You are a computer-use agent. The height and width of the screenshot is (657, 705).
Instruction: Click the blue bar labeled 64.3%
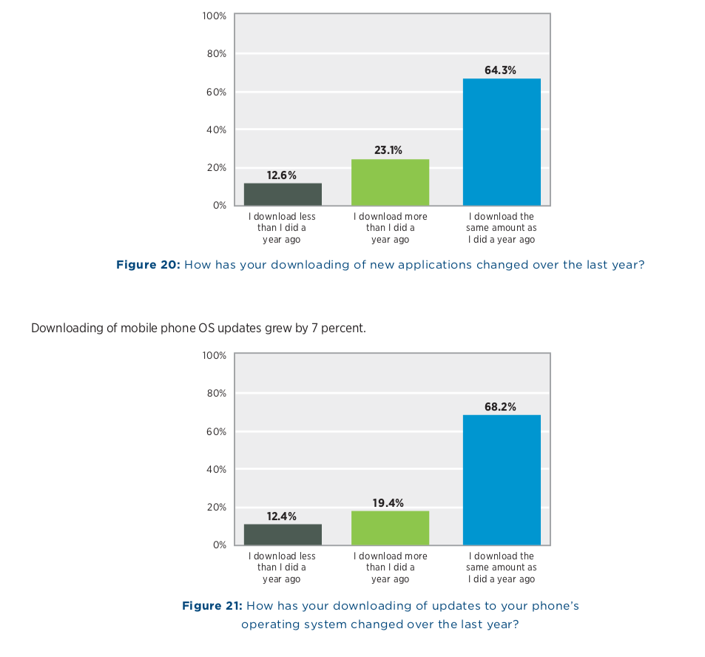pyautogui.click(x=501, y=141)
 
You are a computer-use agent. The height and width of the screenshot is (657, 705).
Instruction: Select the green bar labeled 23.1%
pyautogui.click(x=390, y=182)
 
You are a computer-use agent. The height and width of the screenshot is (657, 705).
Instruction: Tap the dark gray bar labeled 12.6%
pyautogui.click(x=283, y=194)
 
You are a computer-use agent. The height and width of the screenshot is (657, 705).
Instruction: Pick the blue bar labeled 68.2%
pyautogui.click(x=501, y=479)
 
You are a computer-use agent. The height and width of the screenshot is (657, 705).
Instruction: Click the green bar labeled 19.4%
pyautogui.click(x=390, y=528)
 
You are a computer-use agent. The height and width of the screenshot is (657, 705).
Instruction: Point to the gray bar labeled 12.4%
pyautogui.click(x=283, y=534)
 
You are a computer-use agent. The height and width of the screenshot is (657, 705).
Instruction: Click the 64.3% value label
pyautogui.click(x=501, y=70)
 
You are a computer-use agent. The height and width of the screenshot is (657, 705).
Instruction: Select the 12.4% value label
pyautogui.click(x=282, y=516)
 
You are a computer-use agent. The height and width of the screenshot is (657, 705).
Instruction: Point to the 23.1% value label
pyautogui.click(x=388, y=150)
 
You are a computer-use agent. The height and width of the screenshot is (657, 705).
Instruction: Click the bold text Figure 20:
pyautogui.click(x=148, y=264)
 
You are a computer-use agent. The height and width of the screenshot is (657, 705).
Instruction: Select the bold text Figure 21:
pyautogui.click(x=212, y=606)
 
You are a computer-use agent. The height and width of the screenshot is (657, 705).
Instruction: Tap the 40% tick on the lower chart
pyautogui.click(x=216, y=469)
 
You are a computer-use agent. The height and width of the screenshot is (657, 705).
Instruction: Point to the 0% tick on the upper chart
pyautogui.click(x=219, y=205)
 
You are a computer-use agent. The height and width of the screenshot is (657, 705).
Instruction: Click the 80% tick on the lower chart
pyautogui.click(x=216, y=393)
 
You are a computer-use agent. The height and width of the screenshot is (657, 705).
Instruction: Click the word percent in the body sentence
pyautogui.click(x=343, y=328)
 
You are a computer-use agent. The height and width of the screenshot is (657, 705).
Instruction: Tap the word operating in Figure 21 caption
pyautogui.click(x=269, y=624)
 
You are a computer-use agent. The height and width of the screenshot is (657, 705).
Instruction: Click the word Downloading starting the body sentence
pyautogui.click(x=63, y=328)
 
